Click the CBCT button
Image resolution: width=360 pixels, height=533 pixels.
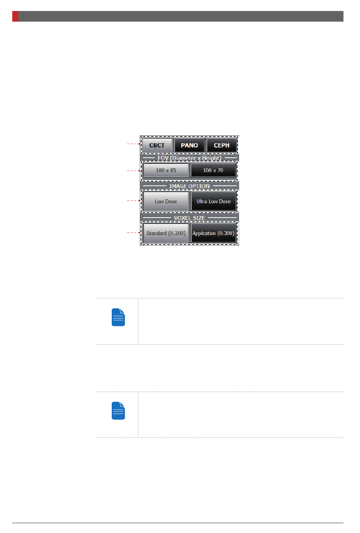(x=157, y=145)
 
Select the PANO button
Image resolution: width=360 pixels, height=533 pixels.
(x=189, y=145)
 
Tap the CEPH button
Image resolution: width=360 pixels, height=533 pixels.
(x=221, y=145)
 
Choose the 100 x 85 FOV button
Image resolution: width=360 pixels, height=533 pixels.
(x=166, y=170)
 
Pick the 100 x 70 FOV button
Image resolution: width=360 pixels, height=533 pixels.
(x=213, y=170)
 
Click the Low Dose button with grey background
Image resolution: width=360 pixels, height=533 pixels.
(x=166, y=201)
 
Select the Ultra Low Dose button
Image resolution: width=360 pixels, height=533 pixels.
(x=213, y=201)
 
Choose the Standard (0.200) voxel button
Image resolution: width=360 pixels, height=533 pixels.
(x=166, y=233)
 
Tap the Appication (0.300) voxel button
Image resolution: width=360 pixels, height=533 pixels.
(x=213, y=233)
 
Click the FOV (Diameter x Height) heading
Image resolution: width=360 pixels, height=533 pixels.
(x=189, y=158)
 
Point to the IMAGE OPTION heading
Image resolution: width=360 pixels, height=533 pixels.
(x=189, y=186)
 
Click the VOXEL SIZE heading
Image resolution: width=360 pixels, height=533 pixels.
(x=189, y=218)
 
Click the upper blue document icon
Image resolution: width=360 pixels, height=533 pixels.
(x=118, y=317)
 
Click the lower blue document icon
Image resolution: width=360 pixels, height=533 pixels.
(x=118, y=411)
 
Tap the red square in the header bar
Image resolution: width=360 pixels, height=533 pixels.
(x=15, y=16)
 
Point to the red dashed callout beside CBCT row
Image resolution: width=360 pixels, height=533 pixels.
(x=133, y=144)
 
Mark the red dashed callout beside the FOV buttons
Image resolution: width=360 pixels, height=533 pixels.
(x=133, y=171)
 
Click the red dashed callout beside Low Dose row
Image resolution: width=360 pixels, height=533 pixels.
(x=133, y=201)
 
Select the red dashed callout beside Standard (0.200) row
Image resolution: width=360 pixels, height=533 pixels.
(x=133, y=232)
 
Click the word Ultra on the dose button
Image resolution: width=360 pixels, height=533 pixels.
(x=202, y=201)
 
